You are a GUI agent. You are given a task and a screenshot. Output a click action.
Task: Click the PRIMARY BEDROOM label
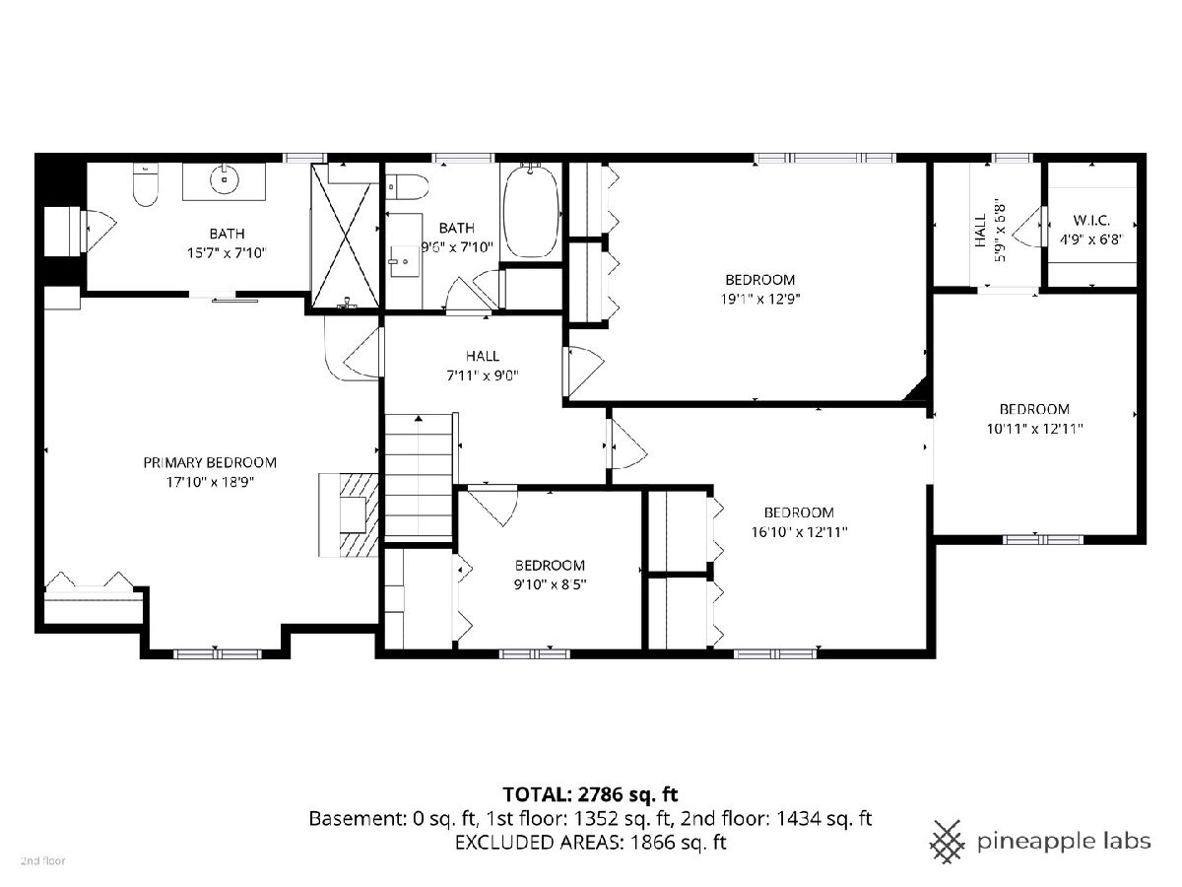(210, 462)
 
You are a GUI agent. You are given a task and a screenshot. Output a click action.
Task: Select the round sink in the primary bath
(224, 178)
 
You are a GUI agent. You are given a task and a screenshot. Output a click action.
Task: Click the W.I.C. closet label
(1091, 220)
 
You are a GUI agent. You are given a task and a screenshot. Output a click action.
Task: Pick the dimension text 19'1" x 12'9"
(760, 299)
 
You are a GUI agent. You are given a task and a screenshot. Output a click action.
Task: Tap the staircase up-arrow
(419, 418)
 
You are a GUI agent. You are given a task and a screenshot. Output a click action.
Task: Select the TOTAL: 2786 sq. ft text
(590, 794)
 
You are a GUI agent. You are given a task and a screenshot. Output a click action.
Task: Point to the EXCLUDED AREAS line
(590, 842)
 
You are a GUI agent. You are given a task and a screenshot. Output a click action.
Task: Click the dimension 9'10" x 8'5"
(550, 584)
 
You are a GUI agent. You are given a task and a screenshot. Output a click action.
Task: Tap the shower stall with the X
(346, 237)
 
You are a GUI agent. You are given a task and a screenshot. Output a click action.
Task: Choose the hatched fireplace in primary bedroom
(349, 514)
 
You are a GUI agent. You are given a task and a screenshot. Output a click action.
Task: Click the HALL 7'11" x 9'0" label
(483, 366)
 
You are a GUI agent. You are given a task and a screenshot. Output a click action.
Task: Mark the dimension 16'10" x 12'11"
(799, 532)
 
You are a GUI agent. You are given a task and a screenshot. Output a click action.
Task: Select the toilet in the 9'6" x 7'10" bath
(407, 187)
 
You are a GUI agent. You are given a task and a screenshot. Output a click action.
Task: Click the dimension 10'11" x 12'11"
(1034, 429)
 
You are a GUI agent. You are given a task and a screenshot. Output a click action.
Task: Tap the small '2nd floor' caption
(43, 861)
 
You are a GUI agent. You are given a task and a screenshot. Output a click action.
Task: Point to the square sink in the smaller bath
(404, 262)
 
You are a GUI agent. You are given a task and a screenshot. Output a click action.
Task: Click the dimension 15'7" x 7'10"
(227, 252)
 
